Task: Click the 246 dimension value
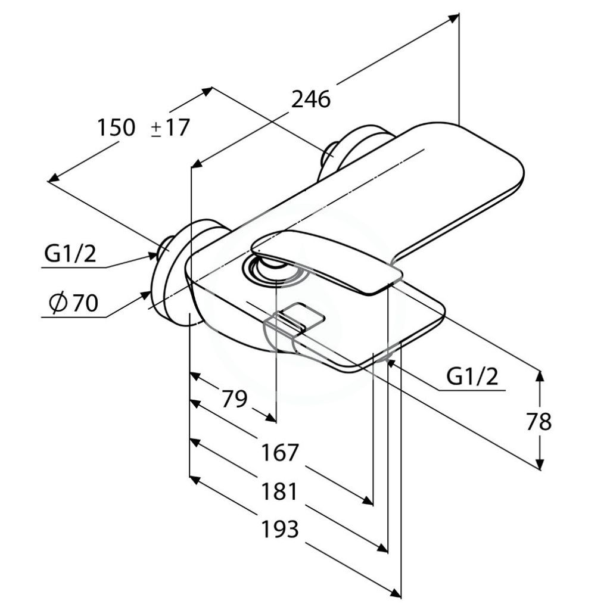click(311, 99)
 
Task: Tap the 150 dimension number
click(116, 127)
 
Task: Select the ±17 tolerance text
click(170, 127)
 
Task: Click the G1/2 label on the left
click(70, 254)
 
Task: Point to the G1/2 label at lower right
click(472, 376)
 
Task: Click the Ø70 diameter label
click(73, 303)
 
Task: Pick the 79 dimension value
click(234, 399)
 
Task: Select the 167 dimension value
click(280, 453)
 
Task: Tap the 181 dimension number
click(280, 491)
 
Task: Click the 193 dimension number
click(280, 529)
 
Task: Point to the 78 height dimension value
click(539, 421)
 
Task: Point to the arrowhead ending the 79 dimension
click(271, 417)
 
